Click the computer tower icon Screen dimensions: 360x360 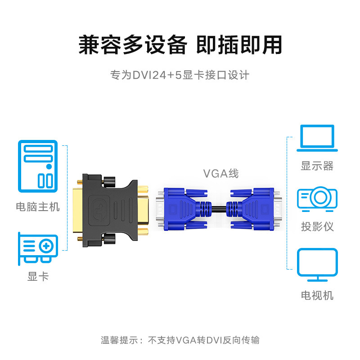(x=38, y=166)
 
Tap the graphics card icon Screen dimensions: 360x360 (x=38, y=247)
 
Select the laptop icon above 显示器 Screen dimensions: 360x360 (x=317, y=139)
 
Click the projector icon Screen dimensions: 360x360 (x=317, y=198)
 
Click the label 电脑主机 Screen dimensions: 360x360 (x=38, y=207)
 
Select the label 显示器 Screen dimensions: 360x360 (x=317, y=166)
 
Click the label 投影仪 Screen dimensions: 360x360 (x=317, y=226)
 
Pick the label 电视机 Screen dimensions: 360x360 (x=317, y=295)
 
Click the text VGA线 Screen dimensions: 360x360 (x=220, y=173)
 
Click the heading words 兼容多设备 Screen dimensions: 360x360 (x=132, y=45)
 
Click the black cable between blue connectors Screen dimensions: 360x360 (x=220, y=208)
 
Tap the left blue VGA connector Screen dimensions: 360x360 (x=184, y=208)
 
